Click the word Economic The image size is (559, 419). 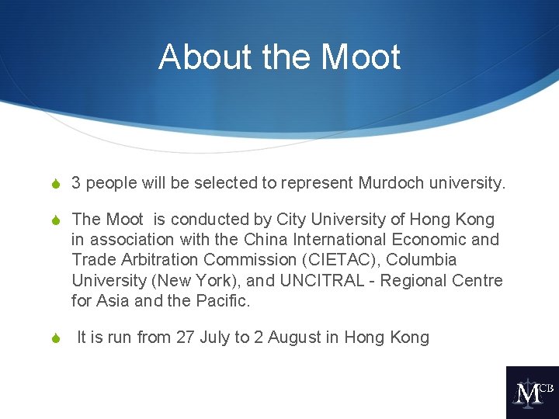[420, 240]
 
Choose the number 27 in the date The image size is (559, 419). [186, 338]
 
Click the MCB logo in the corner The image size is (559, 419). [532, 392]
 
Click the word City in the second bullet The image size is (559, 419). [292, 220]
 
